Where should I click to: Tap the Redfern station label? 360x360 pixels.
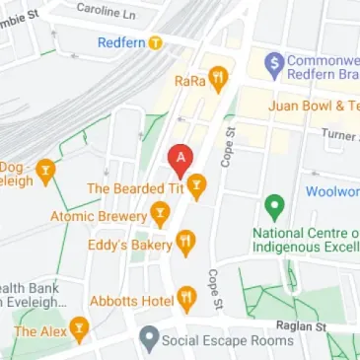click(x=122, y=42)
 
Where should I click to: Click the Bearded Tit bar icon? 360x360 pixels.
click(x=197, y=184)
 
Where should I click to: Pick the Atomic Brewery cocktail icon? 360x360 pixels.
click(x=159, y=213)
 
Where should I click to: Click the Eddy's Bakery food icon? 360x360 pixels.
click(x=184, y=241)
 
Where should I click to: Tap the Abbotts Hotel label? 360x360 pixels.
click(x=130, y=300)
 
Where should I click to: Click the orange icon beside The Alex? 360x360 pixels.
click(x=79, y=329)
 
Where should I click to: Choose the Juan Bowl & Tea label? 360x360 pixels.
click(x=316, y=106)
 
